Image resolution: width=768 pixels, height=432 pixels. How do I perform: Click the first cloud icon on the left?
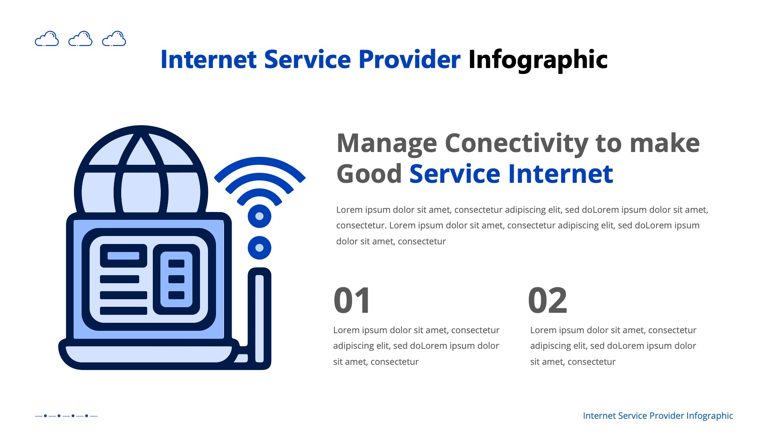pyautogui.click(x=47, y=39)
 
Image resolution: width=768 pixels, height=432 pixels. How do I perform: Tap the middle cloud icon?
pyautogui.click(x=80, y=39)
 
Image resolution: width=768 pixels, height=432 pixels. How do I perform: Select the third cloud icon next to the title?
pyautogui.click(x=114, y=39)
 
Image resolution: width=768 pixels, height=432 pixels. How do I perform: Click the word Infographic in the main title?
pyautogui.click(x=538, y=60)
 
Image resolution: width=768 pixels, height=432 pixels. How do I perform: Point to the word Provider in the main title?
pyautogui.click(x=409, y=60)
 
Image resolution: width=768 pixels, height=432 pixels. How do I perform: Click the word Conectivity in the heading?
pyautogui.click(x=516, y=143)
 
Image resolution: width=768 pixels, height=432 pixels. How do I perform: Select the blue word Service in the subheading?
pyautogui.click(x=455, y=174)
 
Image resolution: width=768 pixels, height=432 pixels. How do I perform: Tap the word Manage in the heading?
pyautogui.click(x=387, y=143)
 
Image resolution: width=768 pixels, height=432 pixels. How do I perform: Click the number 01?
pyautogui.click(x=352, y=300)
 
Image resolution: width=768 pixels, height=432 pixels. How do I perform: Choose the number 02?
pyautogui.click(x=547, y=300)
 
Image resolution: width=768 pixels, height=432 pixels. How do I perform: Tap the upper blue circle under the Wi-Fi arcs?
pyautogui.click(x=260, y=216)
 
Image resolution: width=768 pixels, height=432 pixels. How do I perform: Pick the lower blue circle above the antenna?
pyautogui.click(x=260, y=248)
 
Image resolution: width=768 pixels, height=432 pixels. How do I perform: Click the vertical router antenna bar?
pyautogui.click(x=260, y=318)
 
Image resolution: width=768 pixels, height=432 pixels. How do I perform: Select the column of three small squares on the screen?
pyautogui.click(x=176, y=279)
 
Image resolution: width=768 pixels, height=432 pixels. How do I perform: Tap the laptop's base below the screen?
pyautogui.click(x=148, y=354)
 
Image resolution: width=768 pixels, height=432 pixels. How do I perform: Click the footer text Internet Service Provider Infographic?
pyautogui.click(x=658, y=416)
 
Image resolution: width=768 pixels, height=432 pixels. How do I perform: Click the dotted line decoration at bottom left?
pyautogui.click(x=66, y=416)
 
